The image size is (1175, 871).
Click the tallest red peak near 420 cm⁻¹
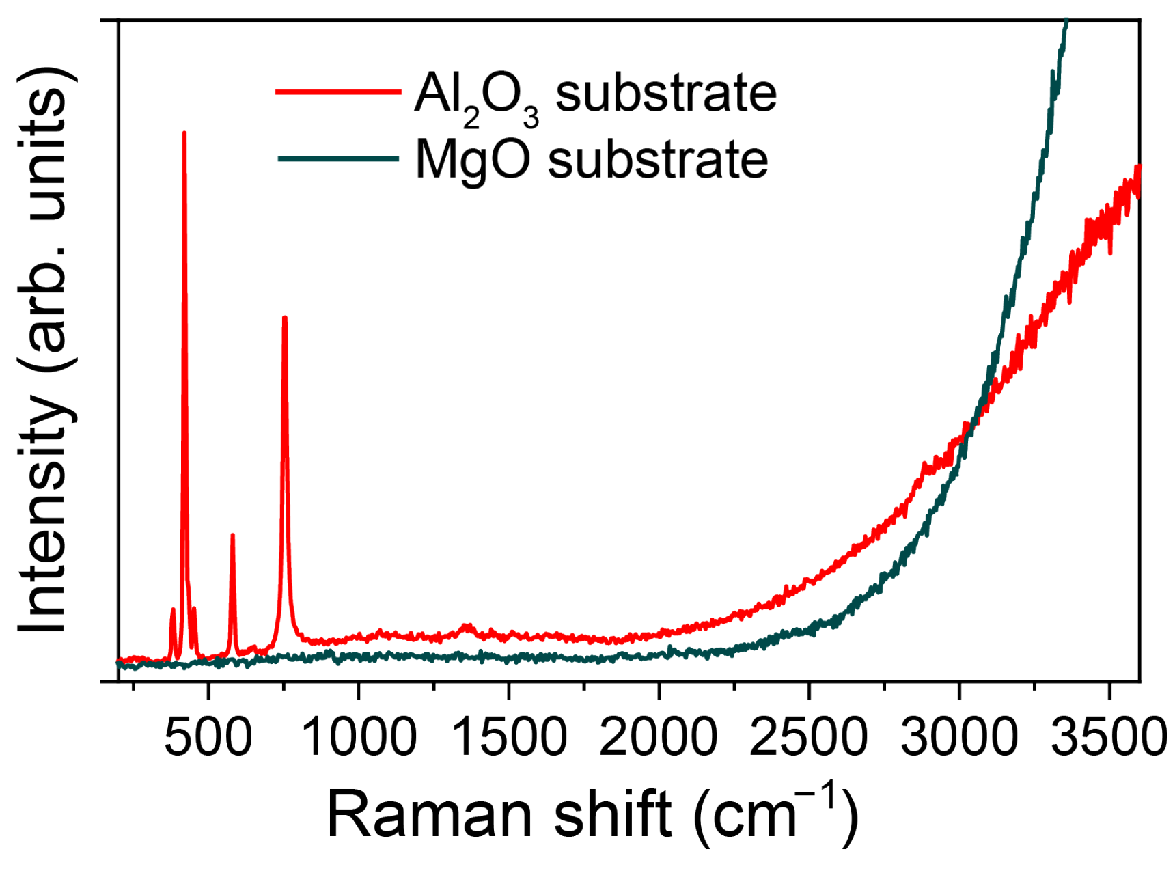coord(184,135)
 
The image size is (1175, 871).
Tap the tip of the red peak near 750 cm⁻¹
coord(285,318)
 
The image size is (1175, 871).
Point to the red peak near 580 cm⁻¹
coord(233,536)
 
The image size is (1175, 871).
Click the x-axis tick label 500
coord(208,738)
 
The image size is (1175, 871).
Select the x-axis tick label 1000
coord(358,738)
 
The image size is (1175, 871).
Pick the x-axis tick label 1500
coord(509,738)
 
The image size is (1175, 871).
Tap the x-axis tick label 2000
coord(659,738)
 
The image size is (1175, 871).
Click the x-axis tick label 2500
coord(809,738)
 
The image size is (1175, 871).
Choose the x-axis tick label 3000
coord(959,738)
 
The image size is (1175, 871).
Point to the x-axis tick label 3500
coord(1108,738)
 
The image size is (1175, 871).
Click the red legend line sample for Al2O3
coord(338,92)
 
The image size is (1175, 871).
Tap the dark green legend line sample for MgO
coord(338,159)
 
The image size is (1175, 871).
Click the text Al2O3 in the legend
coord(476,96)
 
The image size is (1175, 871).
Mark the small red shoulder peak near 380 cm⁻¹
coord(173,609)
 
